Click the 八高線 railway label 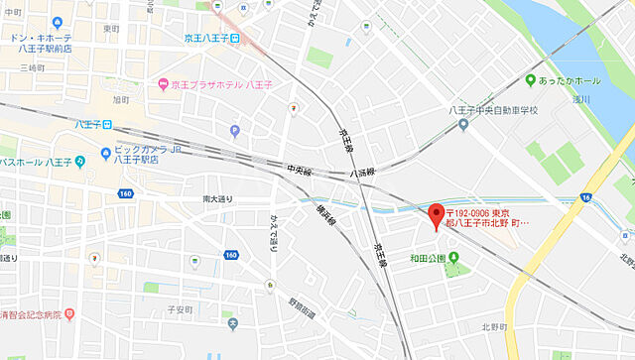point(363,173)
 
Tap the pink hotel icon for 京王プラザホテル point(163,84)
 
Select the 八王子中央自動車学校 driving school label point(492,110)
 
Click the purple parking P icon point(235,131)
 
